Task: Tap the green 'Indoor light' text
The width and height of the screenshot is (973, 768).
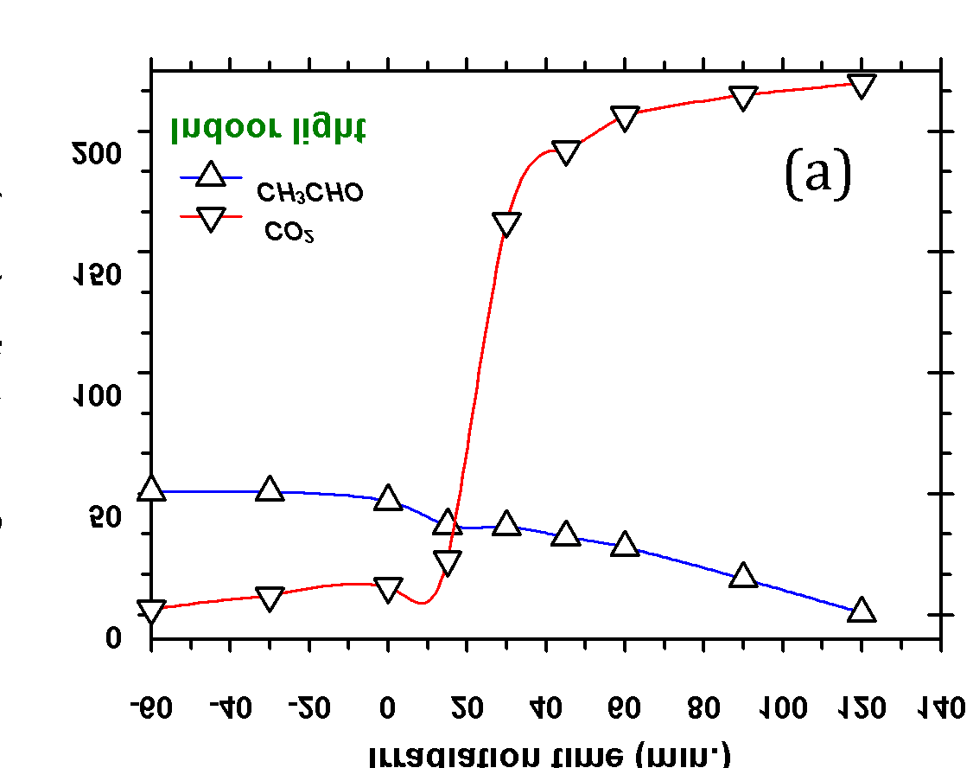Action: (268, 129)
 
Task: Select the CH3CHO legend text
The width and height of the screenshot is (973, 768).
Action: (309, 192)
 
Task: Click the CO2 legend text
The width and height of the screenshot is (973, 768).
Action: (289, 231)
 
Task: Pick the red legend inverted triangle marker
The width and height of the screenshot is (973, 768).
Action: (211, 220)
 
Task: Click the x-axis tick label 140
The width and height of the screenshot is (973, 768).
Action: (940, 708)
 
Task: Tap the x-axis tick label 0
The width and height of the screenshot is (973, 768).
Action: (388, 708)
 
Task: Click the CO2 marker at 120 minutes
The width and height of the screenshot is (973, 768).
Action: (862, 86)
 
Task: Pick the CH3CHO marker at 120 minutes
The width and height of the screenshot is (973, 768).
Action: (862, 611)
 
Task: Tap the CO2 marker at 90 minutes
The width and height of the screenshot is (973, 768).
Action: (743, 98)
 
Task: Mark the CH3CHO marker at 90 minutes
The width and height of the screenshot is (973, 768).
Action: (743, 576)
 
